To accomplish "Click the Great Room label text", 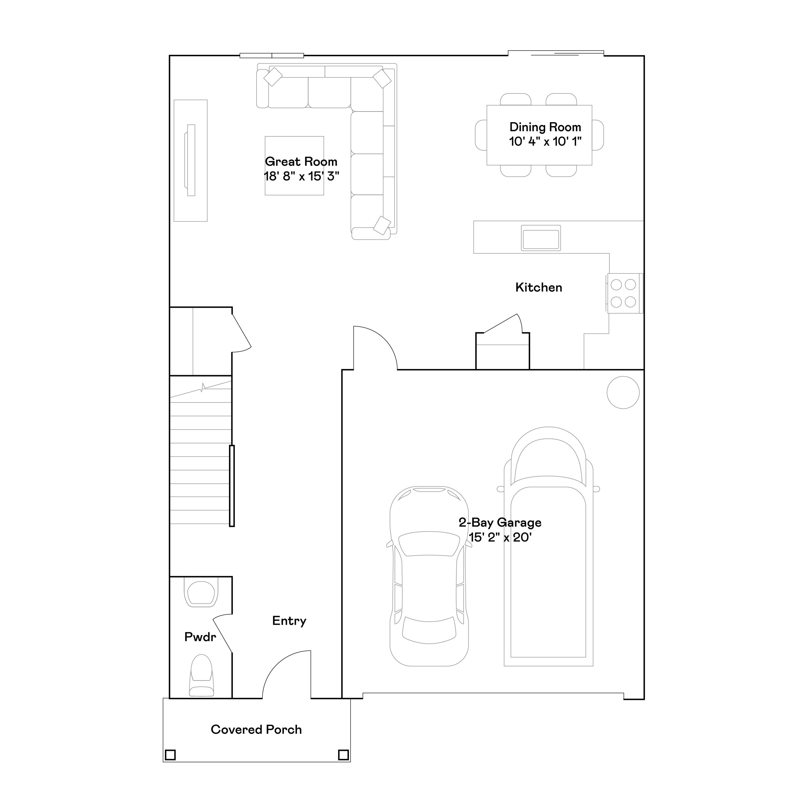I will [x=301, y=162].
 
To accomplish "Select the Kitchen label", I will [x=539, y=287].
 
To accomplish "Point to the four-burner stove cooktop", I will [x=623, y=293].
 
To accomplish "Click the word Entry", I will [x=289, y=621].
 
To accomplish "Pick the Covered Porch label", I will [x=256, y=729].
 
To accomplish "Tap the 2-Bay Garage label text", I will [x=500, y=523].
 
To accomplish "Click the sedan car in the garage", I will [x=429, y=579].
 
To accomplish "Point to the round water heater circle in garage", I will [x=623, y=393].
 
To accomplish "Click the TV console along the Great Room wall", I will [x=191, y=160].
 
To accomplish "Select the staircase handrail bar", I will [x=232, y=486].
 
